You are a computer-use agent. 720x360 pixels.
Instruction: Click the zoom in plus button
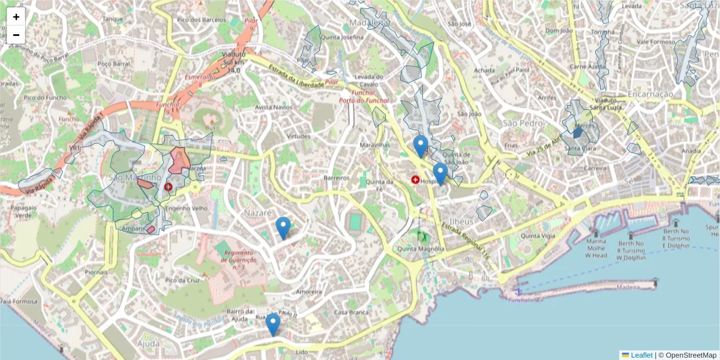16,17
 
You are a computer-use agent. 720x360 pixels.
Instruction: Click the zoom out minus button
16,35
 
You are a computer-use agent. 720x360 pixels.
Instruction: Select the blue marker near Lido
273,324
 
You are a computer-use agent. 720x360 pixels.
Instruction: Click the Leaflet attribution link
641,355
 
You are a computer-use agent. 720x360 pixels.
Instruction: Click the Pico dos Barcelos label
200,20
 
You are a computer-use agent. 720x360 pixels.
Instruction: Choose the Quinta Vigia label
538,236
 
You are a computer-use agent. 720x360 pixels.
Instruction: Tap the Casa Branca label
350,313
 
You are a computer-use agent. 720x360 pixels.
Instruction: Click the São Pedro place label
518,123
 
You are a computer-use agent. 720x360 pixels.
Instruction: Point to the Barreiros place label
336,178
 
